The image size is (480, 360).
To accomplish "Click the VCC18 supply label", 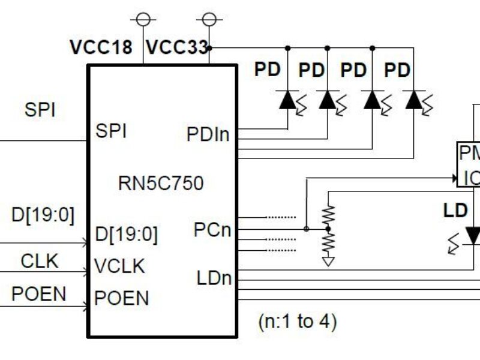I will tap(101, 47).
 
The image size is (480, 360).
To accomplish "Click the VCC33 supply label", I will tap(177, 47).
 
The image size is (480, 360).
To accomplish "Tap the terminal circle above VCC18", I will tap(143, 19).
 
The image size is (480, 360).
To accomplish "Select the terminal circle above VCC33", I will tap(209, 19).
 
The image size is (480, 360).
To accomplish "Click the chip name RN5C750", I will tap(161, 183).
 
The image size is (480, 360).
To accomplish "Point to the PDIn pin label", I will tap(208, 134).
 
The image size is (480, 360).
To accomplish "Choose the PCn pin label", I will tap(212, 230).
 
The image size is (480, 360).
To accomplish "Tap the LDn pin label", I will tap(214, 278).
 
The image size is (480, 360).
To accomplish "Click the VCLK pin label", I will tap(120, 266).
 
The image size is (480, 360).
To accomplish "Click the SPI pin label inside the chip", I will tap(111, 131).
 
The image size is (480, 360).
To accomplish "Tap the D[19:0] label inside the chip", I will tap(127, 235).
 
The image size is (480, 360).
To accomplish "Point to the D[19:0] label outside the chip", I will tap(43, 215).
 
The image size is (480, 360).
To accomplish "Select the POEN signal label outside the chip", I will tap(38, 293).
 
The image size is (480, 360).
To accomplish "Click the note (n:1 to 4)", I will tap(298, 322).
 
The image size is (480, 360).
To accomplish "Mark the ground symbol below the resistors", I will tap(328, 262).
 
